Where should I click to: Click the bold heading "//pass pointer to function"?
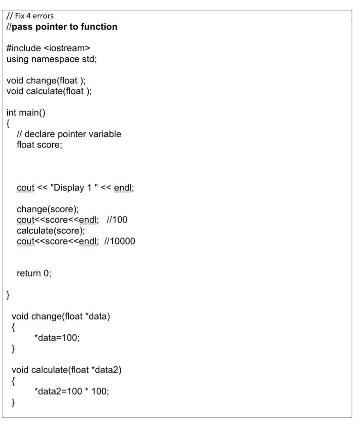[x=62, y=27]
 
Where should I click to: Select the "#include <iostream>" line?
[x=48, y=48]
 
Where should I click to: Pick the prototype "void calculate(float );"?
[x=49, y=91]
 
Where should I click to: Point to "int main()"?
[x=26, y=112]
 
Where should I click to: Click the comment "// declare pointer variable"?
[x=69, y=134]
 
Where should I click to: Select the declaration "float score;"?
[x=39, y=145]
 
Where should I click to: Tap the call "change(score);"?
[x=48, y=209]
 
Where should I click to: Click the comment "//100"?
[x=117, y=220]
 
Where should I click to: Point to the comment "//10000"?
[x=119, y=241]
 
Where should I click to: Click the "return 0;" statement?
[x=34, y=273]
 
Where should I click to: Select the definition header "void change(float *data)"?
[x=61, y=316]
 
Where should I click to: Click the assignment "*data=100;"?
[x=57, y=338]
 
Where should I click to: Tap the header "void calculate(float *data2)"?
[x=67, y=370]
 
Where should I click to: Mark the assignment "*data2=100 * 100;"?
[x=72, y=391]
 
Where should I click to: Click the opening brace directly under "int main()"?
[x=8, y=123]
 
